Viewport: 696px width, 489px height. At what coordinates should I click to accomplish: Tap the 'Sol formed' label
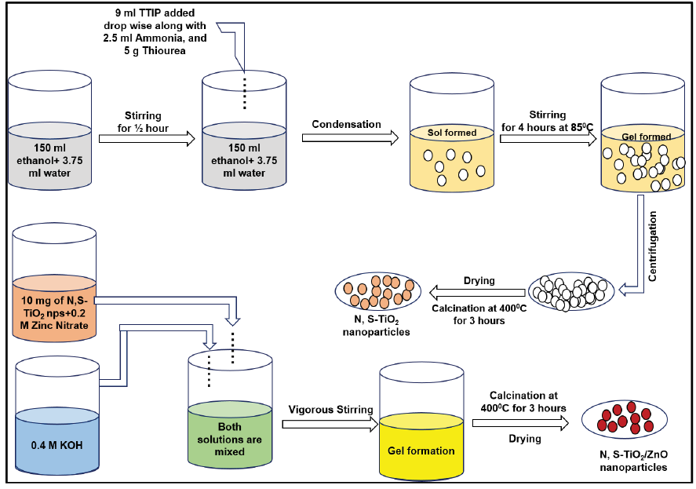coord(451,133)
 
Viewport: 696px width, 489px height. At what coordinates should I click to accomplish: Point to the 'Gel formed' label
coord(646,137)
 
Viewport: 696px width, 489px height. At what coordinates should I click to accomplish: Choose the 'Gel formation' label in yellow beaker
coord(421,451)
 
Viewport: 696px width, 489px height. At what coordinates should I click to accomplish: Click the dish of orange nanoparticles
coord(379,292)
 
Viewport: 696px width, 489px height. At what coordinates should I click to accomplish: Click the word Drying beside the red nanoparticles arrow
coord(524,439)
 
